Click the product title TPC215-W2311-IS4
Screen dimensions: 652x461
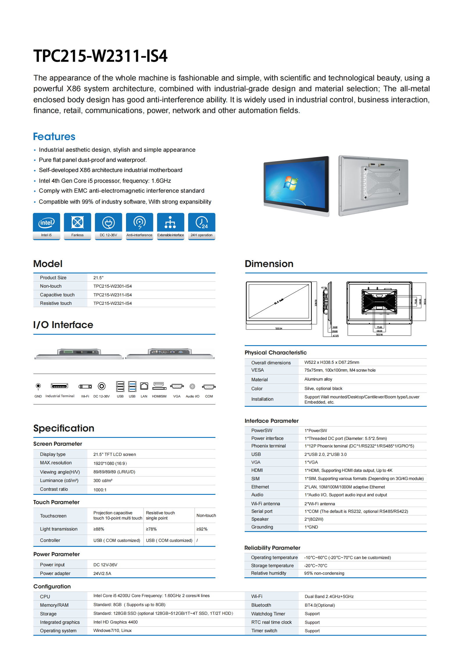click(100, 56)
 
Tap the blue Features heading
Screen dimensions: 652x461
click(54, 137)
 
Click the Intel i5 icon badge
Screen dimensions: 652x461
click(46, 226)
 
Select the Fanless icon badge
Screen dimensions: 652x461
click(78, 226)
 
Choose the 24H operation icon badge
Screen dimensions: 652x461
click(201, 226)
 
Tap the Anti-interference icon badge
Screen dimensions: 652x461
click(139, 226)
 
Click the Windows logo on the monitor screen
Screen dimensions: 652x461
click(291, 183)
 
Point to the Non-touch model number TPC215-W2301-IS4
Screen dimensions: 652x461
click(113, 286)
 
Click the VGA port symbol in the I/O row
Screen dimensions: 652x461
click(177, 386)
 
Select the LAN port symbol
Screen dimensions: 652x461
click(144, 386)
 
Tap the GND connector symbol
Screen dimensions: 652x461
click(38, 386)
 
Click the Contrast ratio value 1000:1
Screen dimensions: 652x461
click(100, 490)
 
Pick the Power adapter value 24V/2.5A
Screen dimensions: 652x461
click(102, 574)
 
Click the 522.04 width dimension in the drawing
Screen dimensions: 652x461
click(279, 329)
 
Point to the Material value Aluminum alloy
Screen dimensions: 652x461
click(318, 379)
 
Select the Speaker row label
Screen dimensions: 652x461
click(260, 519)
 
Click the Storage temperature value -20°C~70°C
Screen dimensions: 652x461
click(316, 566)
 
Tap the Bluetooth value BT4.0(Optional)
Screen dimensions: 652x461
click(320, 605)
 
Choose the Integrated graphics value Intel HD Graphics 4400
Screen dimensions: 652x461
click(116, 622)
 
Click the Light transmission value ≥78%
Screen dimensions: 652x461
click(151, 529)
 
